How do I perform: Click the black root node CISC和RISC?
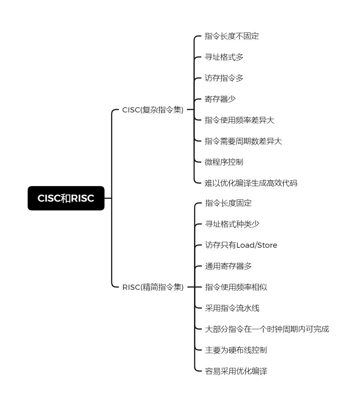click(x=66, y=198)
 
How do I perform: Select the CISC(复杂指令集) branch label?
click(x=153, y=110)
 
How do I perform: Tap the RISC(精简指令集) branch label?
click(x=153, y=287)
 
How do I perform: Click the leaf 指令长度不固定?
click(x=232, y=36)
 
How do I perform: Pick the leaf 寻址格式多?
click(x=224, y=57)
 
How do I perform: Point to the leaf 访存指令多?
click(x=224, y=78)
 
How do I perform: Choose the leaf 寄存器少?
click(x=220, y=99)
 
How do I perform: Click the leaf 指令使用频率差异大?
click(x=239, y=120)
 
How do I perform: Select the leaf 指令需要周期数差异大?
click(x=243, y=141)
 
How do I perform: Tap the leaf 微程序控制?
click(x=224, y=162)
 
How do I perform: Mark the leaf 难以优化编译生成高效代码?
click(x=251, y=183)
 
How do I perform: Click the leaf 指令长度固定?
click(x=228, y=203)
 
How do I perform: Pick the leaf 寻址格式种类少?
click(x=232, y=224)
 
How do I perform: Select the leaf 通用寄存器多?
click(x=228, y=266)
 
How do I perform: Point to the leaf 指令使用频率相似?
click(x=236, y=287)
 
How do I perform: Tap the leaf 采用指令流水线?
click(x=232, y=308)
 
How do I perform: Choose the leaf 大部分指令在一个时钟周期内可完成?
click(x=267, y=329)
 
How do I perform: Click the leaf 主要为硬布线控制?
click(x=236, y=350)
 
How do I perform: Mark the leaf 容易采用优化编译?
click(x=236, y=371)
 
